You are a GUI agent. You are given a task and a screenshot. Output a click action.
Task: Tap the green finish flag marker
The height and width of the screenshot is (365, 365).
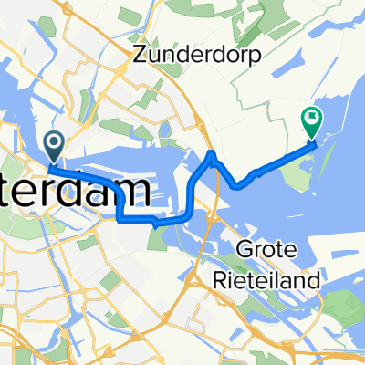click(312, 118)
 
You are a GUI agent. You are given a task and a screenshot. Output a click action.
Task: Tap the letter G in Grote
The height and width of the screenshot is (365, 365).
click(244, 247)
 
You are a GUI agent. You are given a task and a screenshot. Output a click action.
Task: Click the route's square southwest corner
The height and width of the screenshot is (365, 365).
click(121, 219)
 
